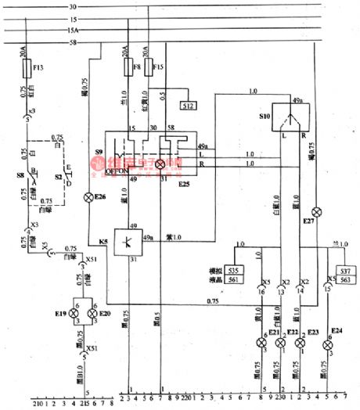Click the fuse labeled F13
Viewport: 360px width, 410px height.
[28, 69]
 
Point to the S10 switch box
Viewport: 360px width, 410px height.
[288, 115]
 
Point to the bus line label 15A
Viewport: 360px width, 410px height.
[73, 30]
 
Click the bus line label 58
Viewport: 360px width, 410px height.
[73, 41]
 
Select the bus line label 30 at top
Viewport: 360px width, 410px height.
[73, 7]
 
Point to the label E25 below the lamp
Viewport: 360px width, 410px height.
[183, 182]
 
